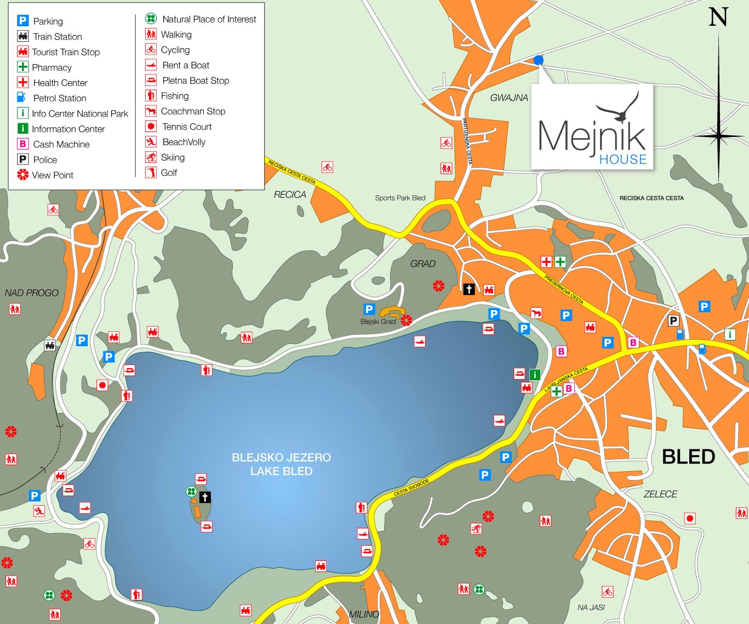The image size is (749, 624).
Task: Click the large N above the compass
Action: coord(718,18)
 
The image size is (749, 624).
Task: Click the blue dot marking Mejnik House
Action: coord(538,60)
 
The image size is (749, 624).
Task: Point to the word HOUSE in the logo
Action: coord(622,159)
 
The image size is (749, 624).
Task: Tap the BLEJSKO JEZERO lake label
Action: coord(281,457)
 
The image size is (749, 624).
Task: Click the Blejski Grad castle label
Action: coord(378,322)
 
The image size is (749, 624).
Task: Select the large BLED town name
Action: coord(688,457)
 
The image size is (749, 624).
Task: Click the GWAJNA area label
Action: coord(509,98)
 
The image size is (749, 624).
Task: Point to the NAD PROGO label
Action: coord(31,293)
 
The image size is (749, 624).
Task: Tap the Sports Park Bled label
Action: coord(400,198)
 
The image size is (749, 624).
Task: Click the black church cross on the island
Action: coord(205,497)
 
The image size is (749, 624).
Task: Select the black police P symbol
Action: coord(673,321)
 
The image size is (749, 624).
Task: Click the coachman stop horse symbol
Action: coord(536,313)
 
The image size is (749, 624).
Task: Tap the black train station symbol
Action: coord(50,345)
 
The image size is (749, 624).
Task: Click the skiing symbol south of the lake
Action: coord(476,529)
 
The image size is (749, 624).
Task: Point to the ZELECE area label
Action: coord(660,494)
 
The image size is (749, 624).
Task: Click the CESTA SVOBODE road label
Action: coord(411,487)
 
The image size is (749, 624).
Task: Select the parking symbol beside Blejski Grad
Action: coord(369,309)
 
